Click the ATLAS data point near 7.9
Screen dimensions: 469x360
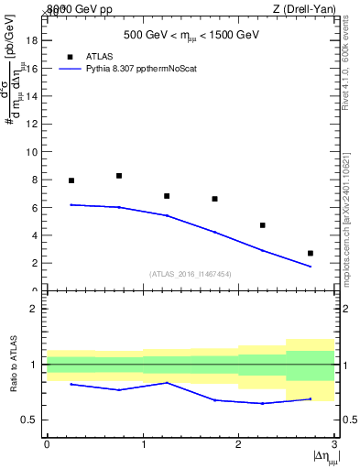[71, 180]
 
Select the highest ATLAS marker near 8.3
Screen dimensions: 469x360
[119, 176]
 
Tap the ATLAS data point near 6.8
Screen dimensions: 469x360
[167, 196]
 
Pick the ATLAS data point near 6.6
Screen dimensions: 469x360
[214, 199]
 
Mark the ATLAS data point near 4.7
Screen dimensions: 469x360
[263, 225]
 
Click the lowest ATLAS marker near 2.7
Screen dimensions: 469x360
[311, 253]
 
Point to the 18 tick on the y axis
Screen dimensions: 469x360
[32, 40]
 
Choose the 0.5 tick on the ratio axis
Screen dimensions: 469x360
[31, 420]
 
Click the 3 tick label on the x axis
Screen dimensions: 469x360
[334, 444]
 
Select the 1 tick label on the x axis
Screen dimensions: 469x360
[143, 444]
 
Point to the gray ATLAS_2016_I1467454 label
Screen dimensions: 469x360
[191, 274]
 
